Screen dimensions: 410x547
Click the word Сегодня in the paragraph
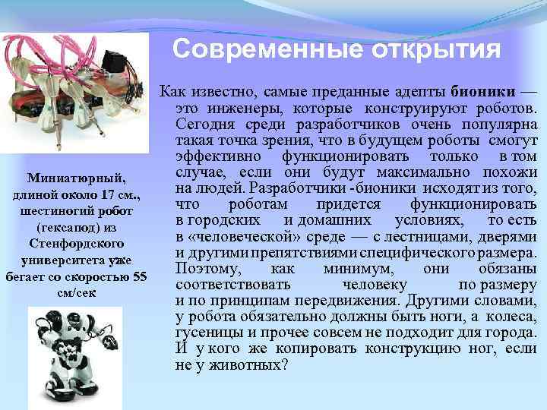[201, 123]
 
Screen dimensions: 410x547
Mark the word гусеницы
[206, 331]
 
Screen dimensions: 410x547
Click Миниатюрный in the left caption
[74, 178]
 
